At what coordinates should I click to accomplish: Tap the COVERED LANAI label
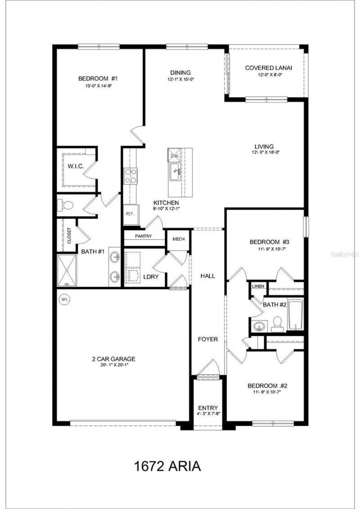coord(268,68)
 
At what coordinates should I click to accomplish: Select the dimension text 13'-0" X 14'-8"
coord(95,85)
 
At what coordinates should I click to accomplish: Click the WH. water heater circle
coord(64,299)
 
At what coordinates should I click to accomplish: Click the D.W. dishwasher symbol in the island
coord(175,156)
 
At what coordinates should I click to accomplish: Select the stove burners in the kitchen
coord(130,176)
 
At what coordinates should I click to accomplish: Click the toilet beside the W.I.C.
coord(66,205)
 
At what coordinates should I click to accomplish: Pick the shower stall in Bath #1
coord(67,270)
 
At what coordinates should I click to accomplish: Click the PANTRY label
coord(143,237)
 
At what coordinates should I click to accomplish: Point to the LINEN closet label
coord(258,286)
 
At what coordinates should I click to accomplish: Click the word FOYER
coord(208,339)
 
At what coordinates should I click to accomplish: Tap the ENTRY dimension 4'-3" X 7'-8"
coord(208,413)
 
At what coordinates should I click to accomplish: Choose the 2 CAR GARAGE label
coord(113,359)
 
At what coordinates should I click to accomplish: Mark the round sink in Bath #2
coord(259,326)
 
